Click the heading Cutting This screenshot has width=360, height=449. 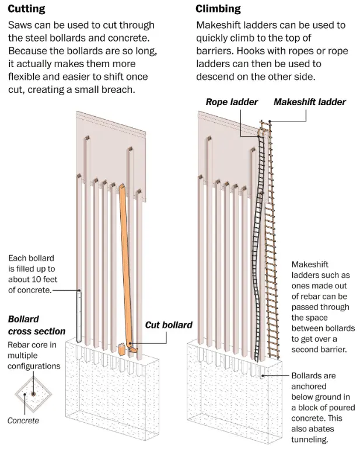point(26,9)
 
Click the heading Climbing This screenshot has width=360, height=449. point(218,9)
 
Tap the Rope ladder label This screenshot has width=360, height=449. point(232,102)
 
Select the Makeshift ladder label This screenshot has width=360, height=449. point(309,102)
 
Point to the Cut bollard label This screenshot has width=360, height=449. point(169,325)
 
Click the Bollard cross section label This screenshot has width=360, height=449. point(36,325)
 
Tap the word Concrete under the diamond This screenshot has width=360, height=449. point(23,420)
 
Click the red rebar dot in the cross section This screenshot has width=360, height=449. point(34,394)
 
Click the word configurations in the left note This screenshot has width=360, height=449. point(34,366)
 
